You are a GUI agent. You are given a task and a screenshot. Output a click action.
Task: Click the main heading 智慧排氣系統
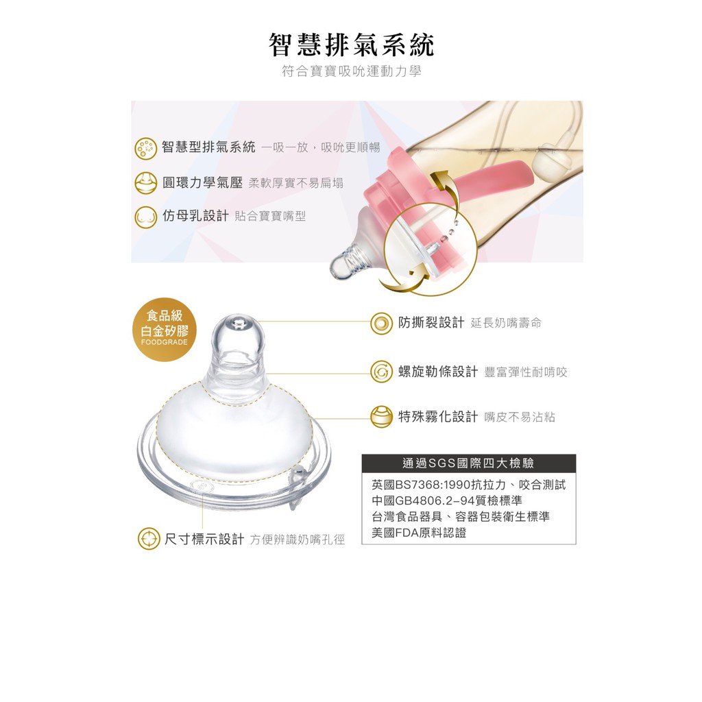[x=351, y=45]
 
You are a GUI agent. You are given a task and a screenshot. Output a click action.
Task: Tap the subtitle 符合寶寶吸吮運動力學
[x=351, y=71]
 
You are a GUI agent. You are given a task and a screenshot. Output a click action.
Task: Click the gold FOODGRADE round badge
[x=165, y=330]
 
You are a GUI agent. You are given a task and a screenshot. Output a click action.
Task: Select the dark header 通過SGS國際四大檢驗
[x=468, y=463]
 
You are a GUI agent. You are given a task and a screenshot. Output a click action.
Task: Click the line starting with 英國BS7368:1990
[x=468, y=485]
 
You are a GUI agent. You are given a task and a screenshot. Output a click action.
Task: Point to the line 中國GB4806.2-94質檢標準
[x=447, y=500]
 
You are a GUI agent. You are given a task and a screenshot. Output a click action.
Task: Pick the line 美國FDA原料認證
[x=419, y=533]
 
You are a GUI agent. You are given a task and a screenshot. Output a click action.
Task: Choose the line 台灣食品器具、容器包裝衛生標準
[x=460, y=517]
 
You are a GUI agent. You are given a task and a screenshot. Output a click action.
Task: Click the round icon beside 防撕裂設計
[x=381, y=324]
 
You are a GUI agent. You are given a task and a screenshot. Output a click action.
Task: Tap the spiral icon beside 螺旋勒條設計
[x=381, y=372]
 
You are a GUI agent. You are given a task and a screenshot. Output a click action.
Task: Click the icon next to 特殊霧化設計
[x=381, y=417]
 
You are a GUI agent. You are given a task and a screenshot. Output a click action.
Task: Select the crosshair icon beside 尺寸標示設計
[x=149, y=539]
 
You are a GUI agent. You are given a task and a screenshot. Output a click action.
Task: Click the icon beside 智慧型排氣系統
[x=145, y=148]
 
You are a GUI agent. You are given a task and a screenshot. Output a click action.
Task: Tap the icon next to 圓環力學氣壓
[x=145, y=182]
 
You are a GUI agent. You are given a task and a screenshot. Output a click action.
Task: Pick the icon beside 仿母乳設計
[x=145, y=217]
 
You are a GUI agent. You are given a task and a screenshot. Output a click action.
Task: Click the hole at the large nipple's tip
[x=239, y=322]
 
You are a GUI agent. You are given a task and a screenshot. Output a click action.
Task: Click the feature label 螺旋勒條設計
[x=438, y=372]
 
